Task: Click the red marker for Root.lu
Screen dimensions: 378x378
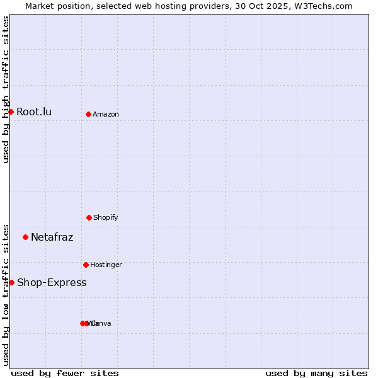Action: (11, 112)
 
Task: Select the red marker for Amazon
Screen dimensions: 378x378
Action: (88, 114)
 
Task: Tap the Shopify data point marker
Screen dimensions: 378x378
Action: (89, 217)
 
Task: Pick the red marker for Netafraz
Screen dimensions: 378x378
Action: (25, 237)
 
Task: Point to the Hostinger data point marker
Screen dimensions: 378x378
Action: (86, 265)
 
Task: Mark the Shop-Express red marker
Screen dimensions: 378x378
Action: (11, 282)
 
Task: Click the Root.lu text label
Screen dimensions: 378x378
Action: (34, 112)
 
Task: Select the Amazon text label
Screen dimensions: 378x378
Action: (106, 114)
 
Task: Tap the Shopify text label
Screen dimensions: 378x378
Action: (106, 217)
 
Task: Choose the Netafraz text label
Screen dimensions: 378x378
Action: (52, 238)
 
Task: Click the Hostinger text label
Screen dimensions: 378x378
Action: (106, 265)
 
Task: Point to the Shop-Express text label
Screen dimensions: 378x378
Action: (52, 282)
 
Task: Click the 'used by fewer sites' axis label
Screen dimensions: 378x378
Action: (65, 373)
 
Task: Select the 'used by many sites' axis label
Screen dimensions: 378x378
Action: (316, 373)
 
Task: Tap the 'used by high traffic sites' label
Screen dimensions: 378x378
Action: (6, 89)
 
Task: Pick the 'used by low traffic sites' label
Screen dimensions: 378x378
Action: (6, 295)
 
